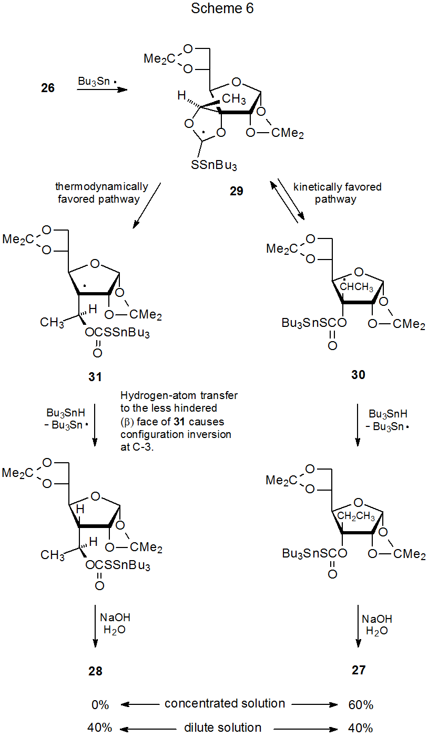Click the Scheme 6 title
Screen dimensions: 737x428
coord(222,9)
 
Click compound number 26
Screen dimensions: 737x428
coord(48,88)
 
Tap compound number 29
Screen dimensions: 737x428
coord(237,191)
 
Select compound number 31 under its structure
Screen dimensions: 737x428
coord(96,377)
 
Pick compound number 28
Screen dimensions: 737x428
coord(95,671)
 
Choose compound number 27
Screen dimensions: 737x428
coord(358,670)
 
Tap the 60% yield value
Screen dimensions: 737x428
coord(360,704)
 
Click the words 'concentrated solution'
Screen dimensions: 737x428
coord(225,704)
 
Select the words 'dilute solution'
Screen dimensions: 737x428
coord(223,728)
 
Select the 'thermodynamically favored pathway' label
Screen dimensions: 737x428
coord(102,193)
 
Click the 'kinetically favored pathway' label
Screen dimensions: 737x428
coord(338,193)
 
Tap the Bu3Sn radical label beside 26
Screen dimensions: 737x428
coord(97,82)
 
